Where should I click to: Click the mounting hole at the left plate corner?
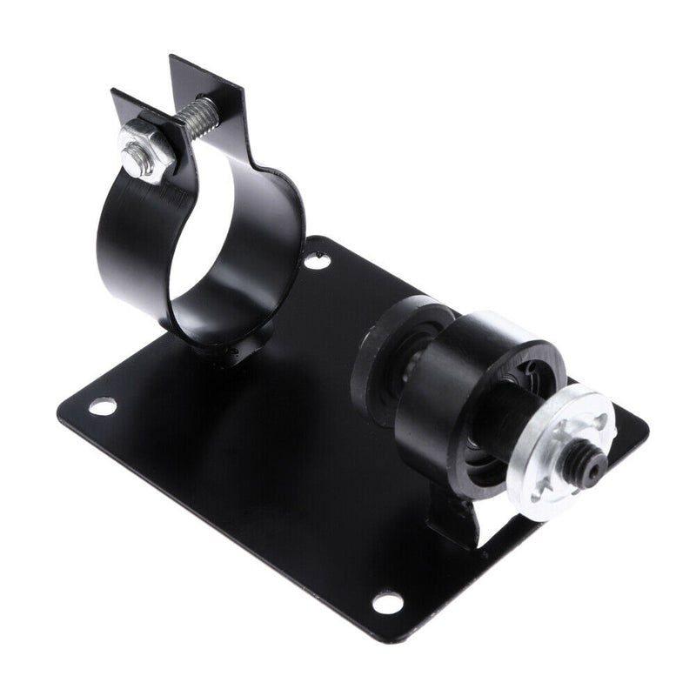click(102, 405)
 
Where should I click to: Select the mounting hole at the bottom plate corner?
click(386, 602)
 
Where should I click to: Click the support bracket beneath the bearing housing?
click(457, 518)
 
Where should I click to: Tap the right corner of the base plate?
click(639, 426)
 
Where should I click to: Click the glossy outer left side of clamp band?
click(122, 252)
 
